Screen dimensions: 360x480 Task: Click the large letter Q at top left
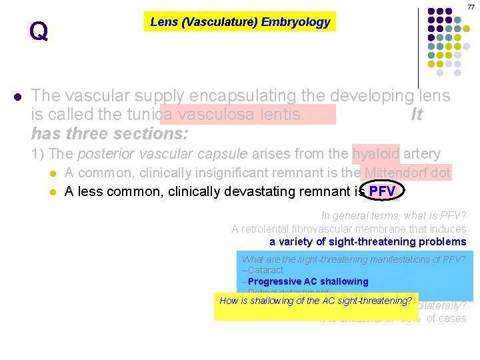[x=39, y=31]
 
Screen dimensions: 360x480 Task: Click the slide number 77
[x=471, y=7]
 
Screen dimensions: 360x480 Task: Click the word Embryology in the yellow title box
[x=295, y=22]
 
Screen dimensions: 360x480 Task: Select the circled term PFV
[x=382, y=192]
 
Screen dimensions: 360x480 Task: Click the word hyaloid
[x=375, y=154]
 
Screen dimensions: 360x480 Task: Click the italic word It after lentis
[x=417, y=115]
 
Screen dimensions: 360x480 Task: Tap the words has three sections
[x=110, y=133]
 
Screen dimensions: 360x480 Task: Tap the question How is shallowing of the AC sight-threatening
[x=316, y=301]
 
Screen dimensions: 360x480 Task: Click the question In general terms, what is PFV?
[x=393, y=216]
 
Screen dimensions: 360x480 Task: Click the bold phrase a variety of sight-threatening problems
[x=367, y=241]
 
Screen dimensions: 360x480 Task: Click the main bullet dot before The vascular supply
[x=17, y=96]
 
